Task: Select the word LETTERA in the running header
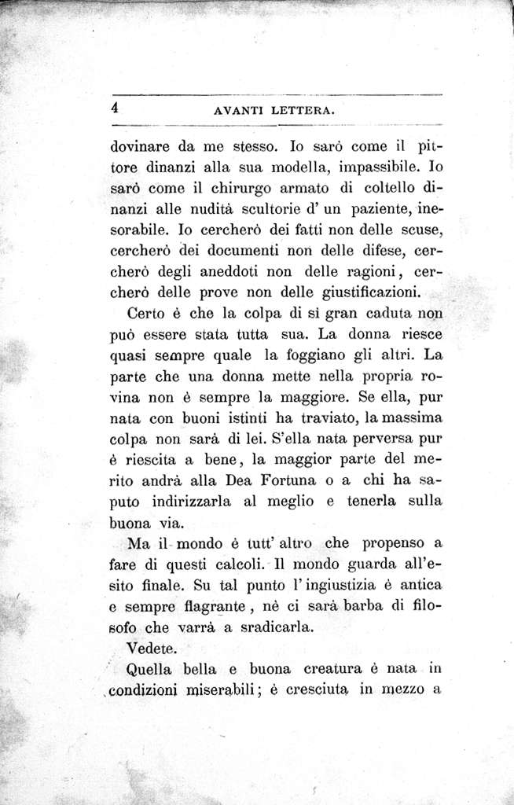click(x=303, y=112)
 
